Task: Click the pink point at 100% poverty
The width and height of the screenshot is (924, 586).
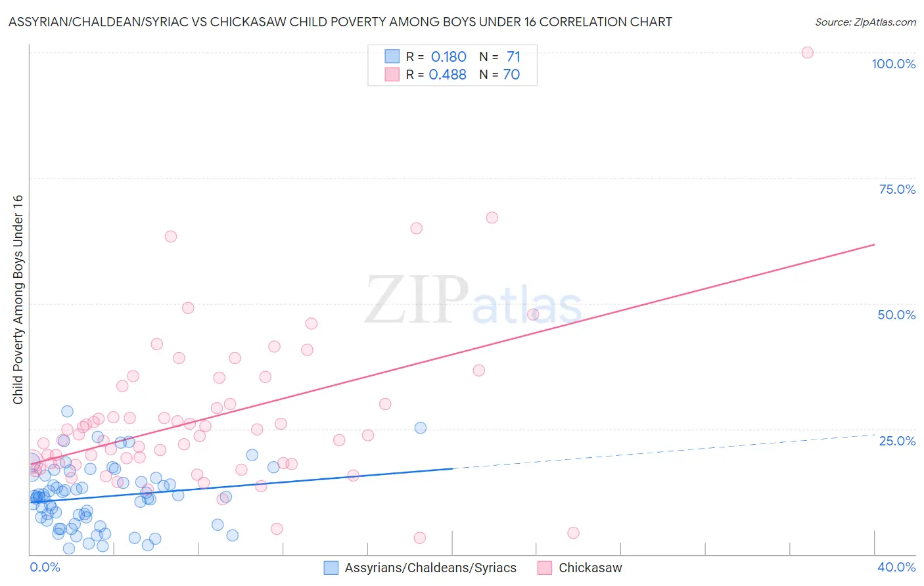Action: [807, 53]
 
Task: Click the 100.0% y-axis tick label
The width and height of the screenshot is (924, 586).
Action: [893, 64]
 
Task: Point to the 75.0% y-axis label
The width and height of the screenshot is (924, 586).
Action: [897, 189]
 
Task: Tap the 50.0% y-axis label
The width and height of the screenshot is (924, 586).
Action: [896, 315]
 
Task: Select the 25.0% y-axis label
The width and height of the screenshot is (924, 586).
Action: [897, 441]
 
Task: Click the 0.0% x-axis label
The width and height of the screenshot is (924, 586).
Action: [45, 567]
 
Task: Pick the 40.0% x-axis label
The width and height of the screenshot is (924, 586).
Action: [896, 567]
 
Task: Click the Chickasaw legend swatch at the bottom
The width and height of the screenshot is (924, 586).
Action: [544, 568]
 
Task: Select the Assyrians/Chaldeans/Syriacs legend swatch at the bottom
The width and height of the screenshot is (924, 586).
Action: [331, 568]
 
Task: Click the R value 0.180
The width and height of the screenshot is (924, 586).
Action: [448, 57]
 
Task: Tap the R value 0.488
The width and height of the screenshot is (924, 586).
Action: [448, 75]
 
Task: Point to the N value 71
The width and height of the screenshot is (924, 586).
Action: [513, 57]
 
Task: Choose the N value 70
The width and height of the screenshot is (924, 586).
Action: [511, 75]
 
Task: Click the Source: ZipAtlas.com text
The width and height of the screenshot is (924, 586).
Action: [865, 22]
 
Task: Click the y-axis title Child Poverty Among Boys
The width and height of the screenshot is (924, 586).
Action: [18, 300]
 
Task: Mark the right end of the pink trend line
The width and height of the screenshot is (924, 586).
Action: [874, 244]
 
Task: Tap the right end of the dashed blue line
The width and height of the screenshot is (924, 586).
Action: [874, 434]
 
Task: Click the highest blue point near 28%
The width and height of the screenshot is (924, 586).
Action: [67, 411]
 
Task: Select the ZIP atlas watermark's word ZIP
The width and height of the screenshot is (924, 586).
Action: [416, 300]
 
